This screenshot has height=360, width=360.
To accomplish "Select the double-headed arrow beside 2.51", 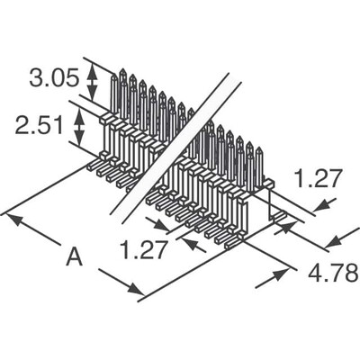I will click(x=79, y=127).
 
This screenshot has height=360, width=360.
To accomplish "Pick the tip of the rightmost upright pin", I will click(x=259, y=148).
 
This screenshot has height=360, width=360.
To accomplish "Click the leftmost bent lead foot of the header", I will click(x=93, y=165).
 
